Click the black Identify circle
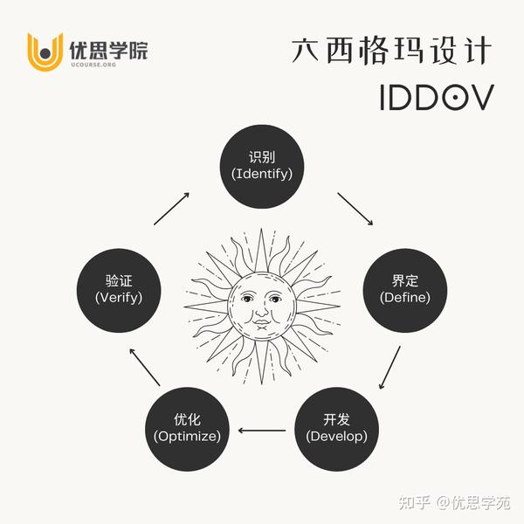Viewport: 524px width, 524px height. [x=262, y=165]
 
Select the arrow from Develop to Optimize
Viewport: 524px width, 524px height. [x=262, y=430]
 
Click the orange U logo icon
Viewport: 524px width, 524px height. [x=44, y=52]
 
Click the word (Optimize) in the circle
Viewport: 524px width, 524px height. [x=187, y=435]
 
